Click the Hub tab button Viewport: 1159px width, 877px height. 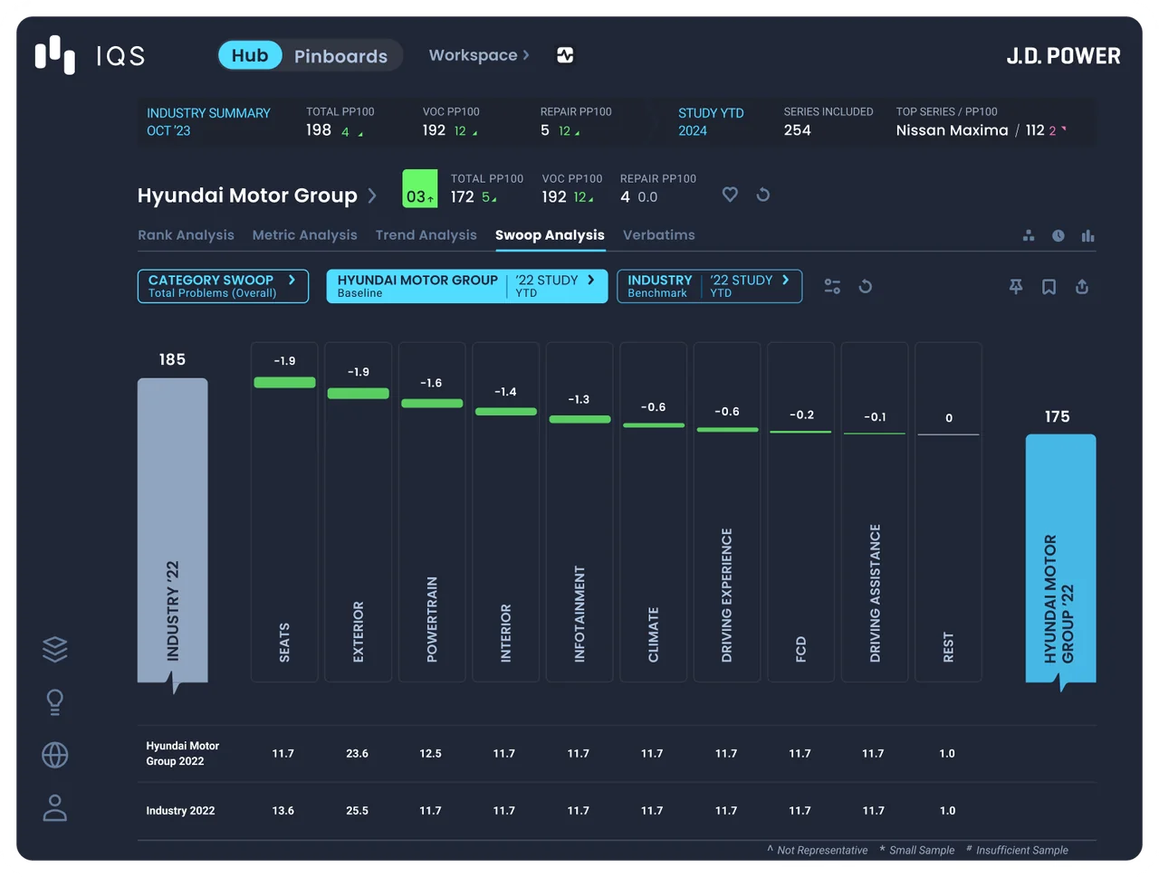pyautogui.click(x=250, y=55)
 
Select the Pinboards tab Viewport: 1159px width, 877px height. pyautogui.click(x=340, y=56)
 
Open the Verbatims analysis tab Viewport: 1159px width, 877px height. pyautogui.click(x=658, y=234)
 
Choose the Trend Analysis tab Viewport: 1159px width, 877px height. pyautogui.click(x=426, y=234)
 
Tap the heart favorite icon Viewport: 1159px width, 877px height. pyautogui.click(x=730, y=195)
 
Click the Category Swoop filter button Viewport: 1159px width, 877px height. pyautogui.click(x=223, y=286)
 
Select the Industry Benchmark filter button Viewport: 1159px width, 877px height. pyautogui.click(x=709, y=286)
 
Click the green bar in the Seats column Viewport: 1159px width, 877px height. pyautogui.click(x=284, y=382)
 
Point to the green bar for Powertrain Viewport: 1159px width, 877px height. pyautogui.click(x=432, y=403)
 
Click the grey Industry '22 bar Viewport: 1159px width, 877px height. pyautogui.click(x=172, y=529)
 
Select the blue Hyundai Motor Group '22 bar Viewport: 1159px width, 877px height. pyautogui.click(x=1060, y=558)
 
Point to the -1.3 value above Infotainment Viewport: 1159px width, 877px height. pyautogui.click(x=579, y=399)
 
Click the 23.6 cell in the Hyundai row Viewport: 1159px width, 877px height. pyautogui.click(x=357, y=753)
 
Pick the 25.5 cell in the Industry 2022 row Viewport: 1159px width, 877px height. pyautogui.click(x=357, y=810)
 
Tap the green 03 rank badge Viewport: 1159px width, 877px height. pyautogui.click(x=420, y=188)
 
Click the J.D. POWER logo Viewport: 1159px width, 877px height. pyautogui.click(x=1063, y=56)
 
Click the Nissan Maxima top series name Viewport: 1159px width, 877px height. pyautogui.click(x=952, y=130)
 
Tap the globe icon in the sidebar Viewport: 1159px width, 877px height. pyautogui.click(x=55, y=755)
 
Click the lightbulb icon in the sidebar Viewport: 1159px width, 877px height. pyautogui.click(x=55, y=702)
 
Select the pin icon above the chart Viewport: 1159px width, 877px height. pyautogui.click(x=1015, y=287)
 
